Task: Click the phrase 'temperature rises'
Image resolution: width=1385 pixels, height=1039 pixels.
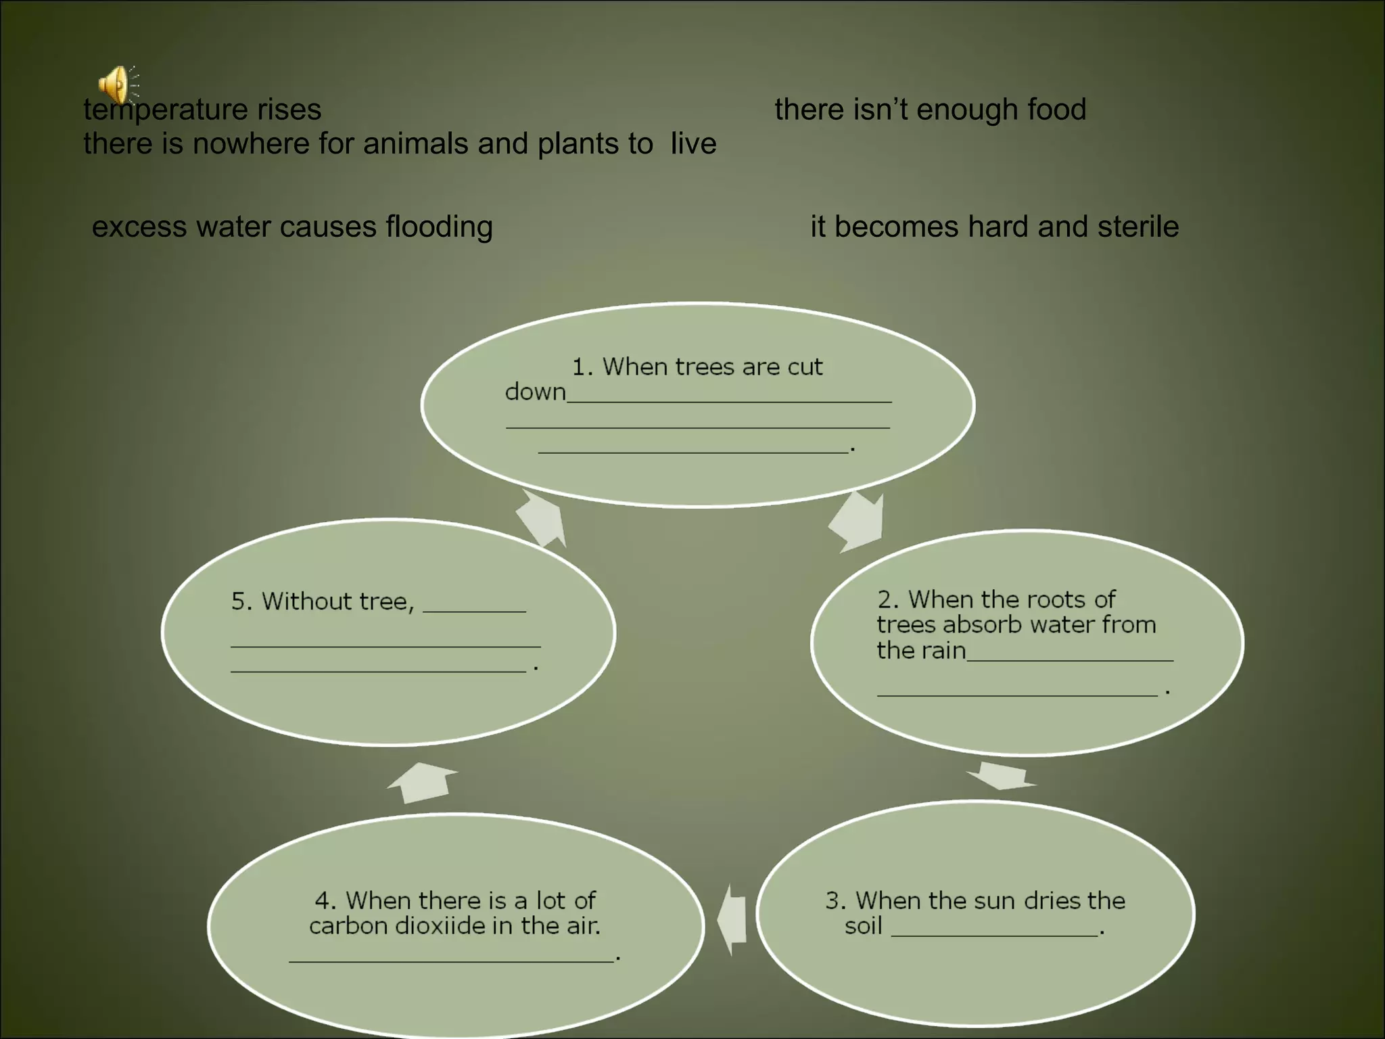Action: point(202,110)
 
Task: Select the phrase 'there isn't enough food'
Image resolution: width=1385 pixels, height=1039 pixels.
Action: point(930,110)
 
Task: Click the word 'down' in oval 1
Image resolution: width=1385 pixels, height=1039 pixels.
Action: point(535,392)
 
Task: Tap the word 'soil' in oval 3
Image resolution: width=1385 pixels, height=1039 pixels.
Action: point(863,925)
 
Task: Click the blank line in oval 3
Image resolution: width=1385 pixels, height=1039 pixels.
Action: point(994,934)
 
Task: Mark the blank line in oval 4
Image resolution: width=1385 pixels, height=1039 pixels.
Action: point(452,959)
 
